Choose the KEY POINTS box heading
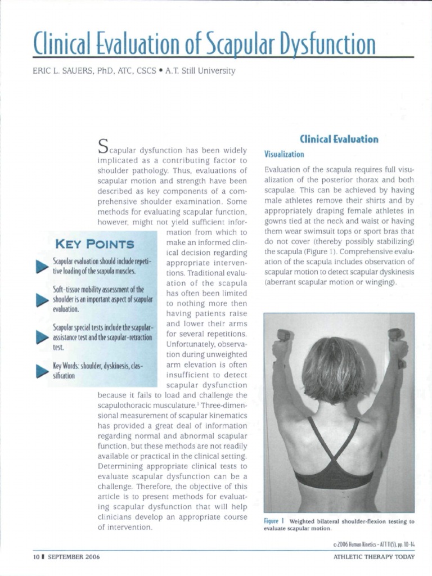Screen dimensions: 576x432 [93, 244]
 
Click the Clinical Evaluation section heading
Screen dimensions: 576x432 [339, 139]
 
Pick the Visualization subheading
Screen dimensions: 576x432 [284, 154]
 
